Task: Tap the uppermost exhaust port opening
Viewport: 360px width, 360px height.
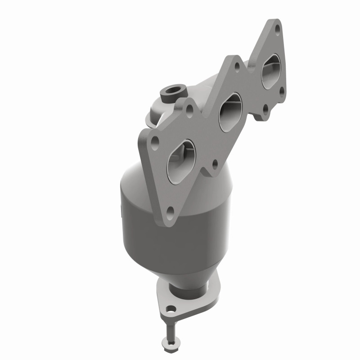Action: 272,69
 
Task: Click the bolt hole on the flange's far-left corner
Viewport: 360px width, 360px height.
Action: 155,141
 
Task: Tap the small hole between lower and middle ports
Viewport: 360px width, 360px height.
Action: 215,163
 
